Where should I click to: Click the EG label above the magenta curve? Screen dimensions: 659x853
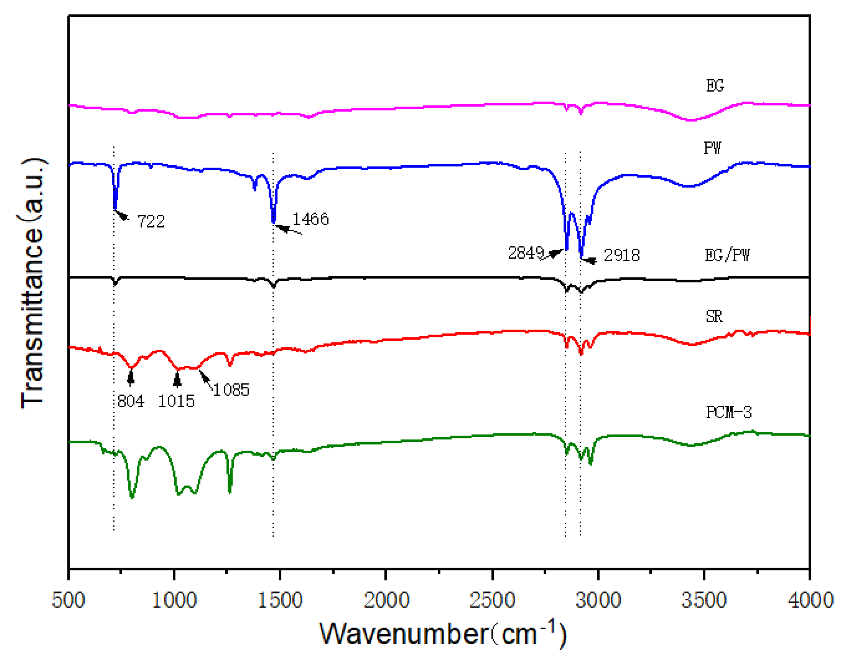pos(714,86)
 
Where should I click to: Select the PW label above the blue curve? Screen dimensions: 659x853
pos(712,148)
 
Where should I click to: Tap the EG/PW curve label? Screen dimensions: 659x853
pos(727,255)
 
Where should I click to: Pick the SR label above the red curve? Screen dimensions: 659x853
pos(714,317)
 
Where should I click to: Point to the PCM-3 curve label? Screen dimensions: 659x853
pos(728,413)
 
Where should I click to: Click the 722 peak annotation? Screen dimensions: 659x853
pos(151,222)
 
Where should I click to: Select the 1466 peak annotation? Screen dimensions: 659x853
pos(310,219)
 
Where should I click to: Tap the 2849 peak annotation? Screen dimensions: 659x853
pos(526,253)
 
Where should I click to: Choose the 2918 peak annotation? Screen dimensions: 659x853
pos(622,256)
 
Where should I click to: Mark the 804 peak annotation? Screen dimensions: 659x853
pos(130,401)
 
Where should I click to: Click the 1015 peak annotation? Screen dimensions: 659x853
pos(176,401)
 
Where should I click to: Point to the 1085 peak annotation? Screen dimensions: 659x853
pos(231,390)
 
